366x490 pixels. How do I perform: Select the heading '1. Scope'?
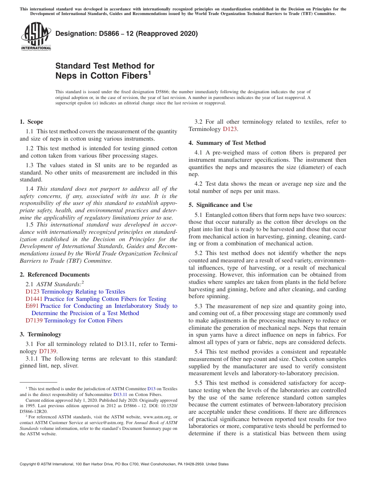[x=31, y=122]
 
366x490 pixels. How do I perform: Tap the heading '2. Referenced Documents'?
[x=54, y=275]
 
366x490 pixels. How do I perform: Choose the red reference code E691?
[x=32, y=306]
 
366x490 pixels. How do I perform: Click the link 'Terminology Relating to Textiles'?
[x=83, y=292]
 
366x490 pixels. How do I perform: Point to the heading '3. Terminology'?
[x=40, y=334]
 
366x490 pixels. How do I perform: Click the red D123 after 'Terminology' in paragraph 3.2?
[x=230, y=129]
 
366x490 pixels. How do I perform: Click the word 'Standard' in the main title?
[x=71, y=66]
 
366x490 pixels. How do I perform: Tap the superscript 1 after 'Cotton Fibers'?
[x=149, y=72]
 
